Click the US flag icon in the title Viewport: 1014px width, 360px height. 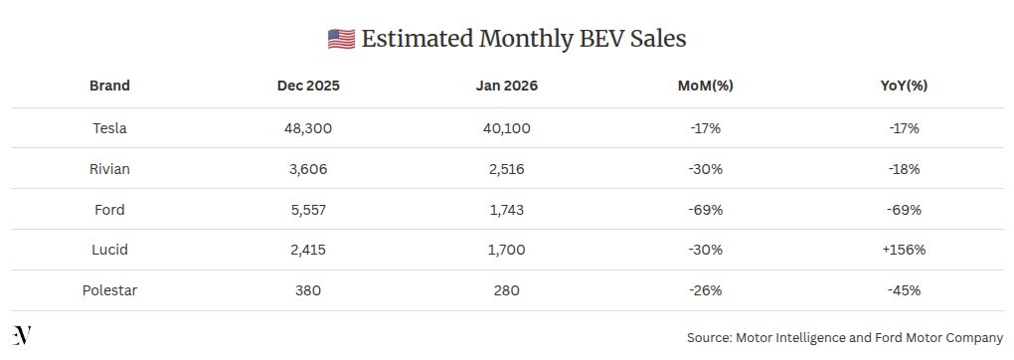(341, 39)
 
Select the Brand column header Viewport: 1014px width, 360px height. (109, 86)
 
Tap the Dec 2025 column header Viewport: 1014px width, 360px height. (308, 86)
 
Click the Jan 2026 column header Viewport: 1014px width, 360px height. (507, 86)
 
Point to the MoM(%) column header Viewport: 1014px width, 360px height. (705, 86)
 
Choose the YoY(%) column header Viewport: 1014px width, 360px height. (904, 86)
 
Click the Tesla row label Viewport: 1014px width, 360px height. (109, 128)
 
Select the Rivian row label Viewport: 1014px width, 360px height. (109, 169)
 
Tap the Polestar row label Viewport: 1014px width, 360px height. (109, 290)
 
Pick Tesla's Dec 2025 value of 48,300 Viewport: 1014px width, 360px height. (308, 128)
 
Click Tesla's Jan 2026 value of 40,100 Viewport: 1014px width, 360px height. (507, 128)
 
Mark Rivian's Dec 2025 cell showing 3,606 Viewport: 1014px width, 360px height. (308, 169)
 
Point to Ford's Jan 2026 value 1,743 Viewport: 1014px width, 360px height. (507, 210)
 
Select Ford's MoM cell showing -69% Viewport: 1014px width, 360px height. (705, 210)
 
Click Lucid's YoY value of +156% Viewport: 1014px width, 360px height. (904, 250)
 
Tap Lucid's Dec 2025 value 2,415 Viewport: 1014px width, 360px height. (308, 250)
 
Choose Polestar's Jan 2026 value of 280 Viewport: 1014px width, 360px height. (507, 290)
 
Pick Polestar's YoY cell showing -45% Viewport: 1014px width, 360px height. (904, 290)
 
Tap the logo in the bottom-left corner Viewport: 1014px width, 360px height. (22, 335)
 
